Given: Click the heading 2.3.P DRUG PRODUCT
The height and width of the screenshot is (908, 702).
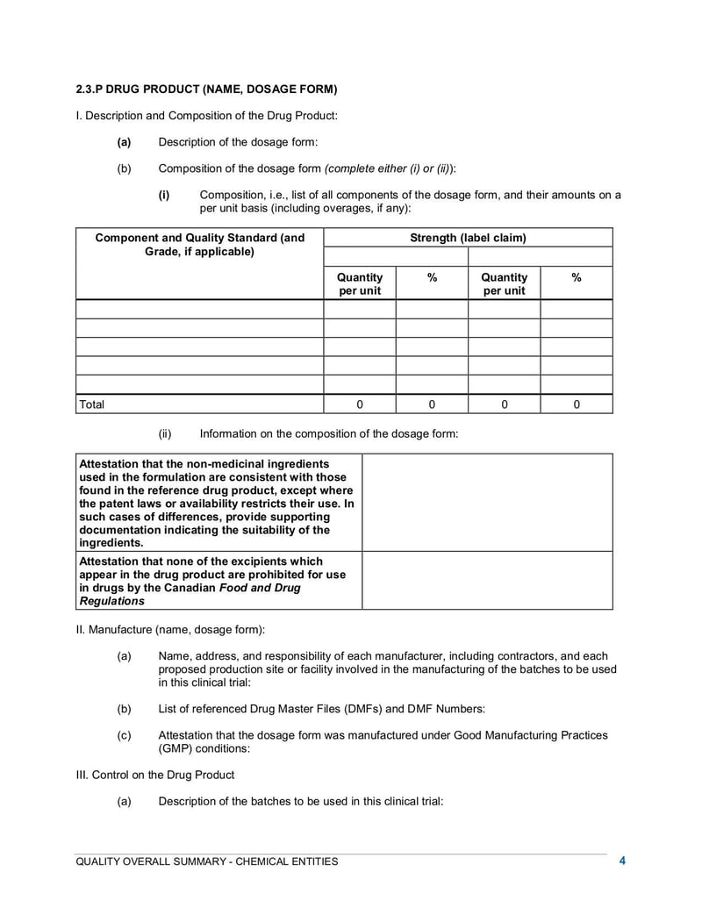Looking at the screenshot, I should coord(206,89).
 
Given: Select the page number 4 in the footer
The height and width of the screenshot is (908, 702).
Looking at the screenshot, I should coord(622,861).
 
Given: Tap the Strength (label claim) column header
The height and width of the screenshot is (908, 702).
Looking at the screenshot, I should coord(468,238).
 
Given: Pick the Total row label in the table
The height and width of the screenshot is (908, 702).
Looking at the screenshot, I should coord(92,404).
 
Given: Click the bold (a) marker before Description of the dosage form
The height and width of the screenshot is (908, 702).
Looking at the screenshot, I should coord(124,142).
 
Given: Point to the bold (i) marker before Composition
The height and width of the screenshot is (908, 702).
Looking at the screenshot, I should coord(164,195).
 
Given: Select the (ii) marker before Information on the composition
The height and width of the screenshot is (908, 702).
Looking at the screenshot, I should coord(165,433).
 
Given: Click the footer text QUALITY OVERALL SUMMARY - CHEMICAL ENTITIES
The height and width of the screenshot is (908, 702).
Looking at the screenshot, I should coord(206,862).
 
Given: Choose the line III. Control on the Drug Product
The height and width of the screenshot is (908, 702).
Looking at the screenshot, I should coord(155,775).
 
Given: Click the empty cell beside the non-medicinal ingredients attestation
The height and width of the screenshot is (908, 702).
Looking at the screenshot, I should coord(487,502).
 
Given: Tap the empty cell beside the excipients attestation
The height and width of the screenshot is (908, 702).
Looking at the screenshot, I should coord(487,580).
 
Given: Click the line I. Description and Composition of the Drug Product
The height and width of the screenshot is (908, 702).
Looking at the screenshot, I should coord(206,115).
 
